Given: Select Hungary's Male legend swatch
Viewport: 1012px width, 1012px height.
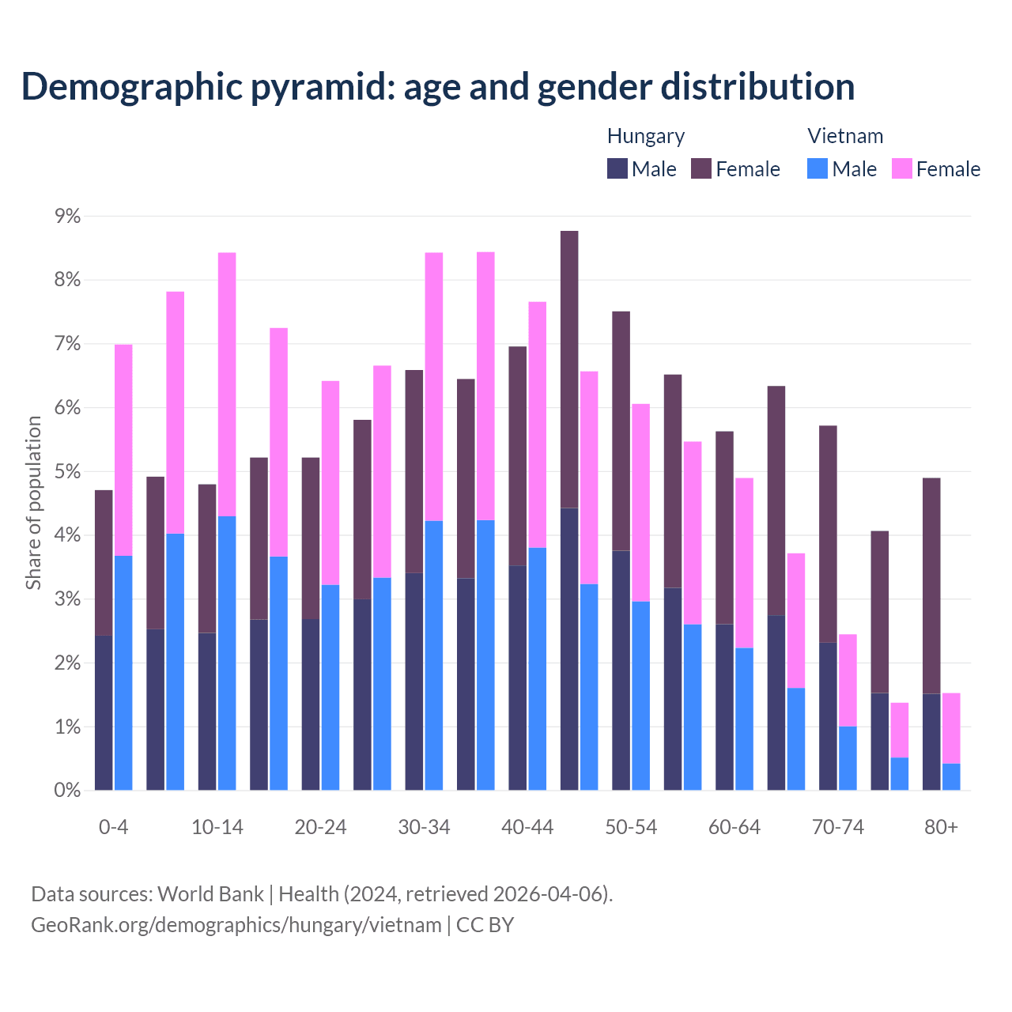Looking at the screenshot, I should [617, 168].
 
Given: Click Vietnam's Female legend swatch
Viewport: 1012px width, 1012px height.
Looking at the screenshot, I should [901, 168].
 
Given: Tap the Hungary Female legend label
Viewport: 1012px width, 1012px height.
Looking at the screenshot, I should [747, 169].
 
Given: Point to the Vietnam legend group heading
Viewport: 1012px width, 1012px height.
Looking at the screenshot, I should [845, 136].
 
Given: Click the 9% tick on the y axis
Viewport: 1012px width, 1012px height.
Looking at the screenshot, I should [67, 217].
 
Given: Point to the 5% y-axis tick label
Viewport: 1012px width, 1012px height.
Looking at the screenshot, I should [67, 472].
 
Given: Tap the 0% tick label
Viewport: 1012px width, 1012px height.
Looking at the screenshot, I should [67, 791].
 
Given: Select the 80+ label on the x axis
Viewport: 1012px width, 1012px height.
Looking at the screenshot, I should [941, 827].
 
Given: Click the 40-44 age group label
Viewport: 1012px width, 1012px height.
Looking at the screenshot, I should [527, 827].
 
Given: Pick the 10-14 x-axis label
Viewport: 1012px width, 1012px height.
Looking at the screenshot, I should [217, 827].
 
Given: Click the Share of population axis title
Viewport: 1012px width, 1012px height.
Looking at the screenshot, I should [34, 503].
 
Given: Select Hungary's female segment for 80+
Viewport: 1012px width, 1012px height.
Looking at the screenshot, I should [931, 585].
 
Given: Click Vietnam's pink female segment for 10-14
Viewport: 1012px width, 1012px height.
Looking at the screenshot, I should [227, 384].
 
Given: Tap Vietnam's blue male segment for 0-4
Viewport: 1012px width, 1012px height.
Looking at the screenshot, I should [123, 672].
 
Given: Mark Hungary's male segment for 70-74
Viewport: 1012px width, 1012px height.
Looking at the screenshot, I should [828, 716].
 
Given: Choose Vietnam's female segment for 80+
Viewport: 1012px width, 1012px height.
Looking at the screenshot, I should [951, 727].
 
